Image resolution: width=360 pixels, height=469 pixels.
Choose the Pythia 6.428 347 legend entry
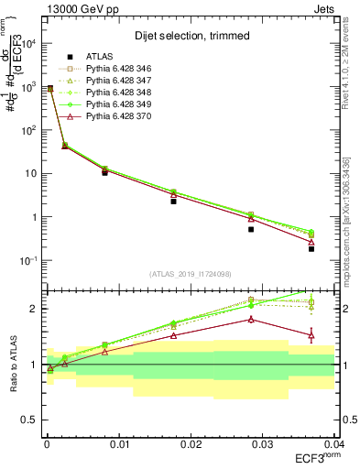tap(122, 81)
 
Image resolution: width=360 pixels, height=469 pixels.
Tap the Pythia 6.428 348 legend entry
tap(122, 93)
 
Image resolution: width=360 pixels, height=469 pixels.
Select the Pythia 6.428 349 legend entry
tap(122, 104)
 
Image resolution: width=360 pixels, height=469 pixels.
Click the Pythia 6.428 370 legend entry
tap(122, 116)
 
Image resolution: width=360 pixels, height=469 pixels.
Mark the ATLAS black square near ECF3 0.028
tap(251, 229)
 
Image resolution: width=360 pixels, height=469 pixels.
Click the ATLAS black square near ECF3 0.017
tap(173, 201)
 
